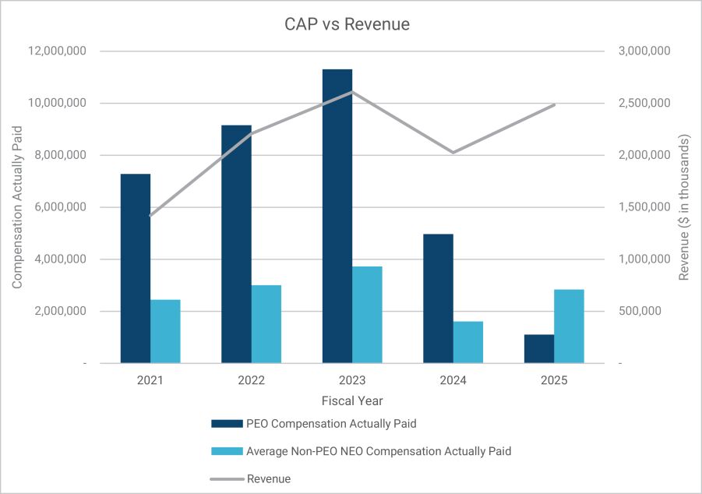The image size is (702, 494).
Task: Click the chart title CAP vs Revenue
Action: click(347, 25)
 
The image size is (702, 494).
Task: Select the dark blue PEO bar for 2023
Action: click(337, 216)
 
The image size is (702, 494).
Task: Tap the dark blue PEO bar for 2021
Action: click(135, 268)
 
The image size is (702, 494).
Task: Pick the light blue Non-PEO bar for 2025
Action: click(569, 326)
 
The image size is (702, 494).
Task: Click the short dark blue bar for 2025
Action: click(539, 348)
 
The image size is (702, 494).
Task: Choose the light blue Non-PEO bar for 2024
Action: click(468, 342)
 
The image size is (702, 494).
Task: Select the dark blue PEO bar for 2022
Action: click(236, 243)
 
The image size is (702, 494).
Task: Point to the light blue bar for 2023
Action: click(367, 314)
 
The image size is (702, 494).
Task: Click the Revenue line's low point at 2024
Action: click(453, 152)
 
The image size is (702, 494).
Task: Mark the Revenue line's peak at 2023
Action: click(352, 91)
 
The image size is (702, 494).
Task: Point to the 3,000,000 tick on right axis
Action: click(644, 51)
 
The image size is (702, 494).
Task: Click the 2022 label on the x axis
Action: click(251, 381)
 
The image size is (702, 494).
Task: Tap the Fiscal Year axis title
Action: click(352, 400)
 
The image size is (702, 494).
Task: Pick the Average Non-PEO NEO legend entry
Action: click(378, 451)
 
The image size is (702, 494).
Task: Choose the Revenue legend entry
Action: click(268, 478)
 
